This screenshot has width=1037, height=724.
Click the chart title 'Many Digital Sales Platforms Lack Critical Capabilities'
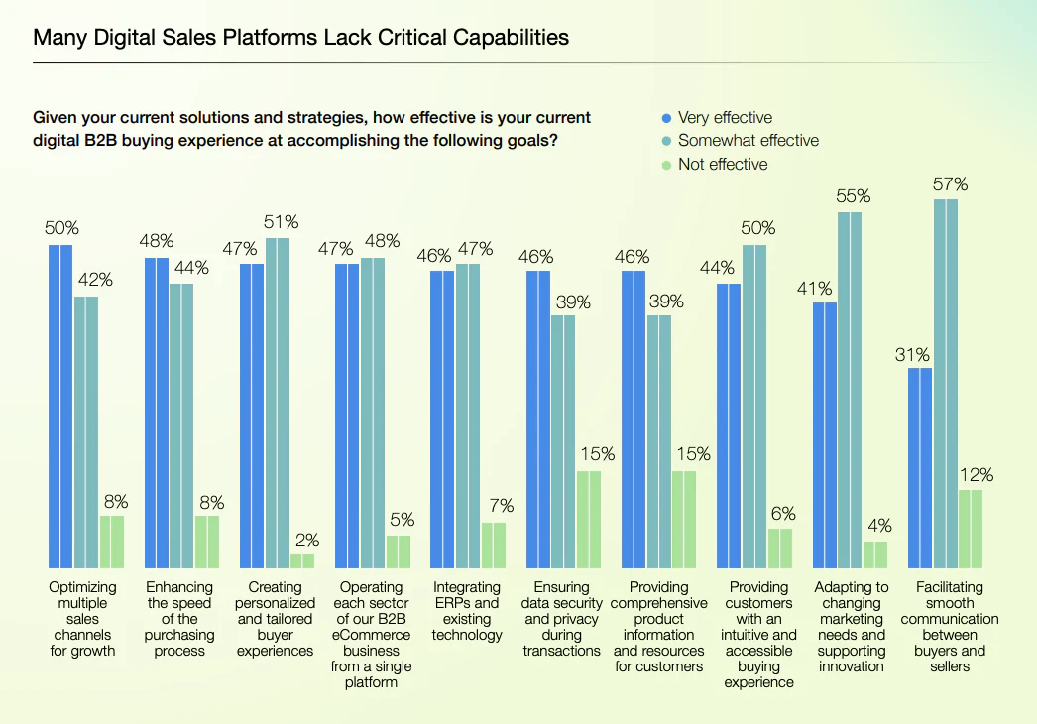(300, 38)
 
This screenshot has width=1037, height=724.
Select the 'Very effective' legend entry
(724, 117)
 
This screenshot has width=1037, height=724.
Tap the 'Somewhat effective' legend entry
(748, 141)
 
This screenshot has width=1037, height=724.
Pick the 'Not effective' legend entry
(722, 164)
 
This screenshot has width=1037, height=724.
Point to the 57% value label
(950, 184)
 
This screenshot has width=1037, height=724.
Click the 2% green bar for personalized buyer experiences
(302, 560)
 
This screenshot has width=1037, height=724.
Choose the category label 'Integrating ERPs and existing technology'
(467, 611)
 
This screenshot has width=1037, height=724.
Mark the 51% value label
(280, 222)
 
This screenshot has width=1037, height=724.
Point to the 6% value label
(780, 513)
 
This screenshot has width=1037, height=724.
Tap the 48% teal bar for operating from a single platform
(373, 412)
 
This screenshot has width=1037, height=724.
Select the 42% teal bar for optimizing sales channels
(86, 430)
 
